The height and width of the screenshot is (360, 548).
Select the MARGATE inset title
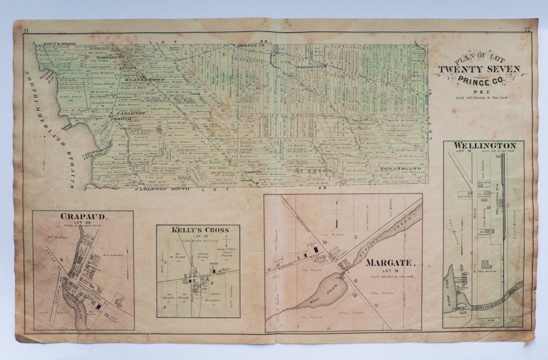(x=389, y=263)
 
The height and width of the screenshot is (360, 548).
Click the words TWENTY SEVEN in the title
(x=479, y=69)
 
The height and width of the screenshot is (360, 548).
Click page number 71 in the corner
(x=26, y=31)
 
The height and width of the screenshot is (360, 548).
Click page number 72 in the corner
(x=527, y=30)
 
